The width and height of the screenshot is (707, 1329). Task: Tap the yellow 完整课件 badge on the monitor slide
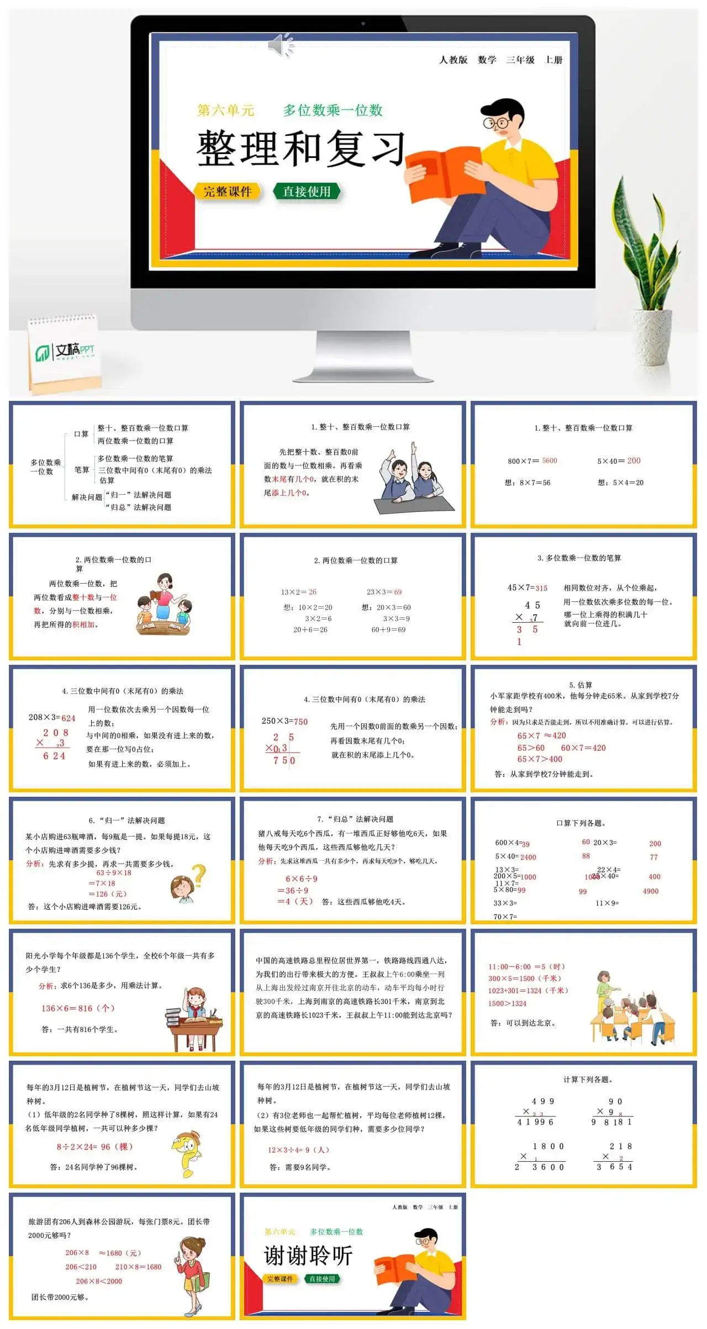[227, 192]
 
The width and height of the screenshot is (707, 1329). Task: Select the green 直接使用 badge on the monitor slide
[307, 192]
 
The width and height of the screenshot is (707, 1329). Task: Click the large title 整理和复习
[301, 149]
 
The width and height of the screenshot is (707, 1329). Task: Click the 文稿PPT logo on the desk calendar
[65, 351]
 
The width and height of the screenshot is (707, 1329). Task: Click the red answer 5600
[550, 460]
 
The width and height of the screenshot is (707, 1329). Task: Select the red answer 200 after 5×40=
[634, 460]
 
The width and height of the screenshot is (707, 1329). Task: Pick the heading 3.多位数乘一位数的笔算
[579, 558]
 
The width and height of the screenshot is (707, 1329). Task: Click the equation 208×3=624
[52, 718]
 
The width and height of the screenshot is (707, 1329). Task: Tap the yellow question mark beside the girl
[198, 875]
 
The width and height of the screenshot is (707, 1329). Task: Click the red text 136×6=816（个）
[78, 1008]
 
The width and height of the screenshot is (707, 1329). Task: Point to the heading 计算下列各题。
[587, 1079]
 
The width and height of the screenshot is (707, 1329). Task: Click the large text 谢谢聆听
[308, 1256]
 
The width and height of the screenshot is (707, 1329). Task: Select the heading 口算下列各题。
[581, 823]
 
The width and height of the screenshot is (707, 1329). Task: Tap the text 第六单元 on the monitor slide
[225, 110]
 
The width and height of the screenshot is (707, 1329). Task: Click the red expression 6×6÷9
[301, 878]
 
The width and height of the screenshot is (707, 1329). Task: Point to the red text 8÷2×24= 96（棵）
[94, 1146]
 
